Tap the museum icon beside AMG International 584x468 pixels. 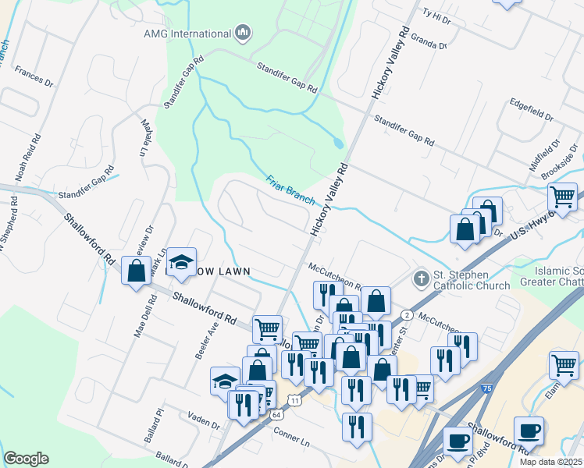(243, 33)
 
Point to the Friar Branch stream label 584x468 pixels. (289, 188)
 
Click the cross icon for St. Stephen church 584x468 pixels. (420, 278)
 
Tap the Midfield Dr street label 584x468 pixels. (544, 156)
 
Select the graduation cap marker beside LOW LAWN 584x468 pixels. (181, 261)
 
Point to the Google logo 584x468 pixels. (26, 459)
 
